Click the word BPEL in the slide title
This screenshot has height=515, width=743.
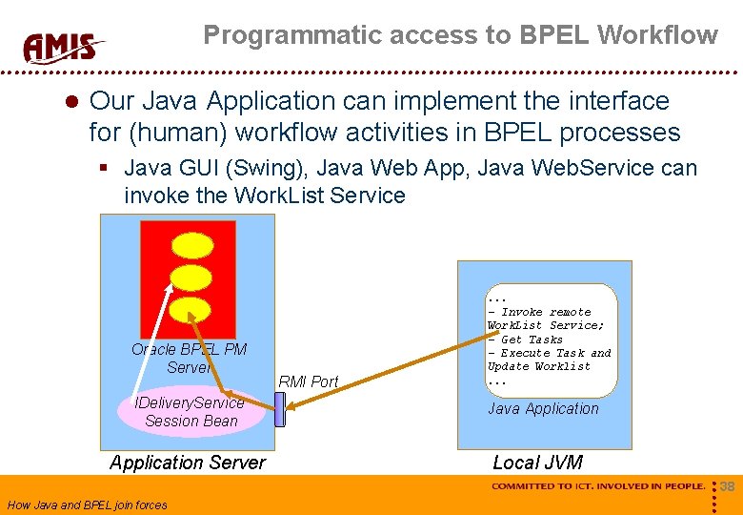[556, 35]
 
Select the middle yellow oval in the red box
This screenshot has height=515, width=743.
[193, 278]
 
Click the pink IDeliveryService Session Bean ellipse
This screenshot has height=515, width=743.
[191, 411]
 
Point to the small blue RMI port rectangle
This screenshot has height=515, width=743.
[280, 409]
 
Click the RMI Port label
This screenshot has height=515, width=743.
[308, 381]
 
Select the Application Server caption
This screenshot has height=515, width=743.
[188, 463]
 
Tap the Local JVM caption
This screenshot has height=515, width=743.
[537, 463]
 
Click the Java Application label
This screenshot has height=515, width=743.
[543, 408]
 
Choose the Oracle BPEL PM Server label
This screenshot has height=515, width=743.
[189, 358]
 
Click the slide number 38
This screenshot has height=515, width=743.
[727, 486]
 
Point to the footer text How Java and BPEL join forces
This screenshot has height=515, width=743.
[87, 505]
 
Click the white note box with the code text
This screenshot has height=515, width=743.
[552, 340]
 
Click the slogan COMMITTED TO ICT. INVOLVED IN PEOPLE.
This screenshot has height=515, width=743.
[597, 486]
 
